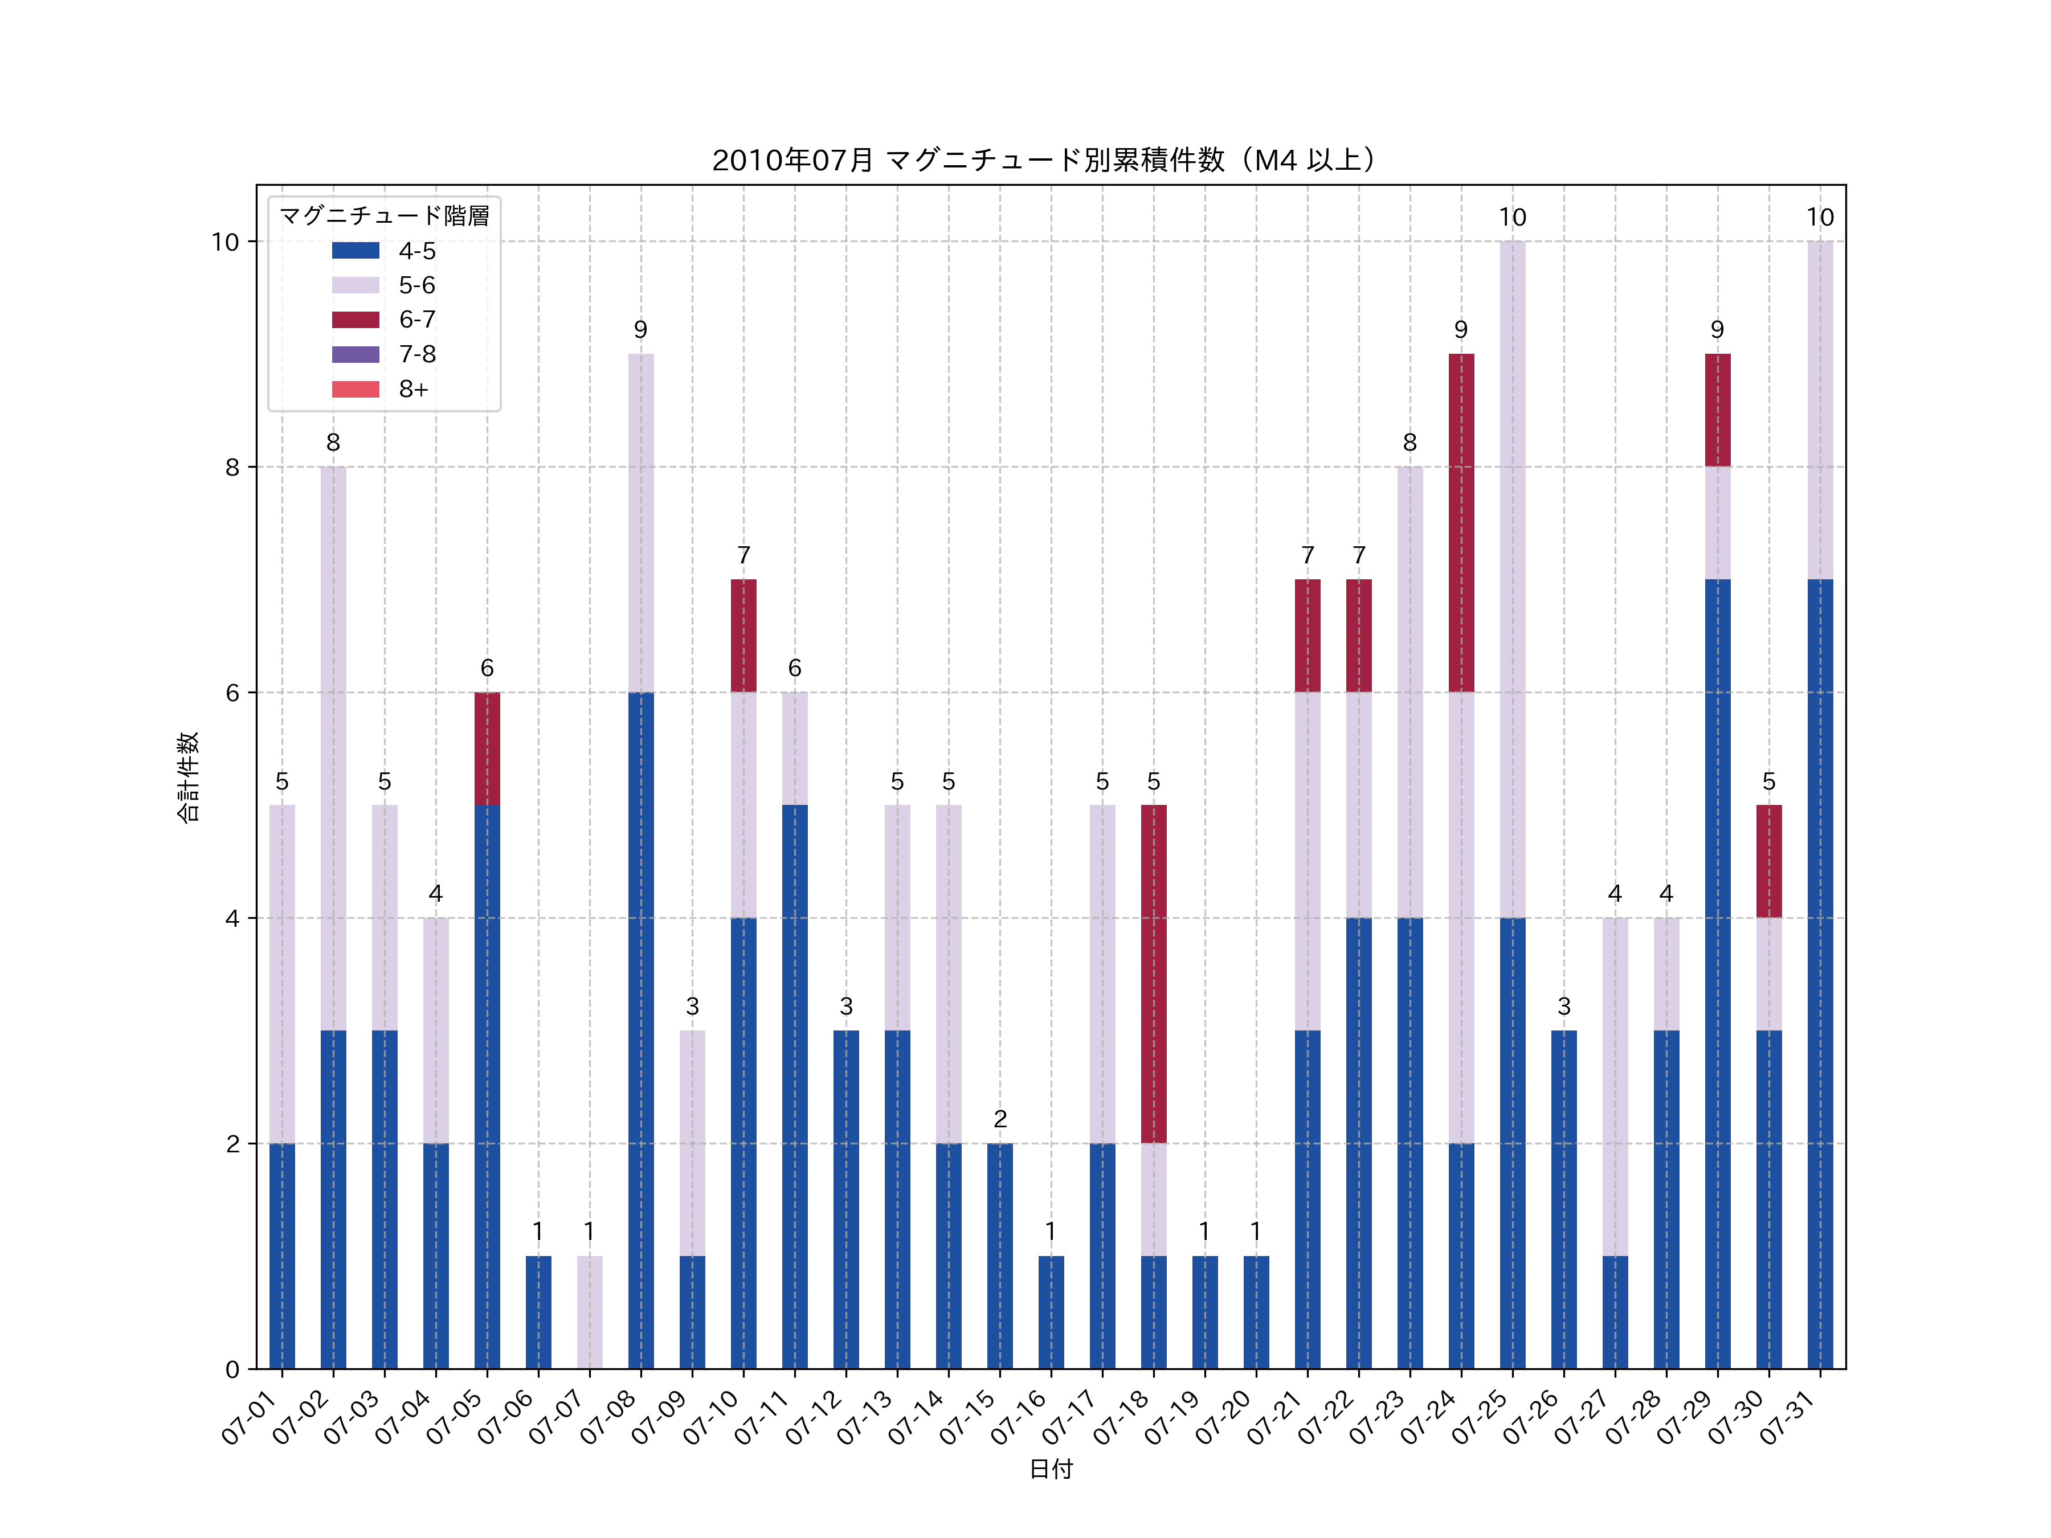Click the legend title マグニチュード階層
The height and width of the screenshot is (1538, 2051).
click(x=384, y=216)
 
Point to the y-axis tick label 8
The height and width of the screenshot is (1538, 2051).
click(x=232, y=467)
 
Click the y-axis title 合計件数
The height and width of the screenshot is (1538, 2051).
click(x=188, y=777)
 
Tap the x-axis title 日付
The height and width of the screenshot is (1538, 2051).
click(x=1051, y=1469)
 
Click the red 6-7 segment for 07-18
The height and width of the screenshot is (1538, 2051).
click(x=1154, y=973)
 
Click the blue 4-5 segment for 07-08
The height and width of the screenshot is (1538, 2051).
click(x=641, y=1029)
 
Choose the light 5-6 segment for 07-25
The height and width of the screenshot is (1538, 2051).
click(x=1512, y=579)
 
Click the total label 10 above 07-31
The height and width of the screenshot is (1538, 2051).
click(x=1819, y=218)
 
